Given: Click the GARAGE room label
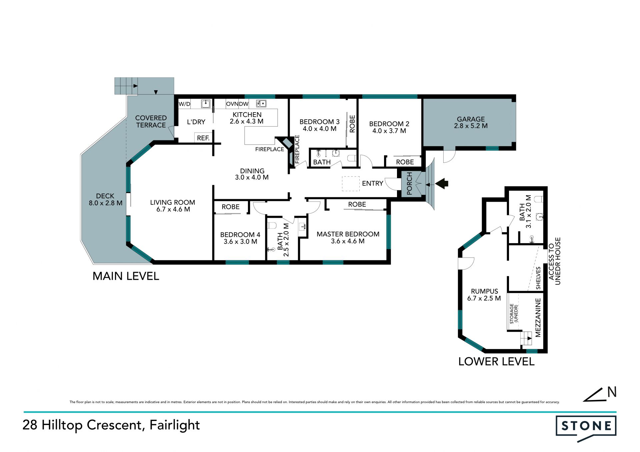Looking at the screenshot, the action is pyautogui.click(x=471, y=119).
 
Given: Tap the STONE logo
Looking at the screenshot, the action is pyautogui.click(x=586, y=428).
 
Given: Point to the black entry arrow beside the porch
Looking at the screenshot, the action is pyautogui.click(x=442, y=183).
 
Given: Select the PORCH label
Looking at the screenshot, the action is pyautogui.click(x=409, y=184).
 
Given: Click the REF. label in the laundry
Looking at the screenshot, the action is pyautogui.click(x=203, y=138).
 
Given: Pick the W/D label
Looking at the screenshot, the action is pyautogui.click(x=184, y=104).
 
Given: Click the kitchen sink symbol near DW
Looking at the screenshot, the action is pyautogui.click(x=261, y=104).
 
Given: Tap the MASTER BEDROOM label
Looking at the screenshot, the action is pyautogui.click(x=348, y=234).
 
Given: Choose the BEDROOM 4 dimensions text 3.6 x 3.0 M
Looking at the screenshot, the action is pyautogui.click(x=240, y=242).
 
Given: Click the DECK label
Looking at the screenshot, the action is pyautogui.click(x=105, y=196).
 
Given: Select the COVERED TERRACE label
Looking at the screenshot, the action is pyautogui.click(x=151, y=122).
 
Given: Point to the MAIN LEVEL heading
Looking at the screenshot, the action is pyautogui.click(x=126, y=276).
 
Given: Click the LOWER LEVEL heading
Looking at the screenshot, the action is pyautogui.click(x=496, y=361).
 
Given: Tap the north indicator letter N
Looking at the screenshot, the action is pyautogui.click(x=612, y=392).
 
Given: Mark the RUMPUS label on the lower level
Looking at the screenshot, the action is pyautogui.click(x=484, y=291).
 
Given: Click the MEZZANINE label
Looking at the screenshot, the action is pyautogui.click(x=538, y=317).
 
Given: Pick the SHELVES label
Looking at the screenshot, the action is pyautogui.click(x=538, y=278).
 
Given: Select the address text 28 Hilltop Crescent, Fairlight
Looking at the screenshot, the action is pyautogui.click(x=111, y=425).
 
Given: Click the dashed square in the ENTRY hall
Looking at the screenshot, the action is pyautogui.click(x=351, y=184).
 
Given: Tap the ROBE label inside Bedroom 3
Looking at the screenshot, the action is pyautogui.click(x=352, y=124).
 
